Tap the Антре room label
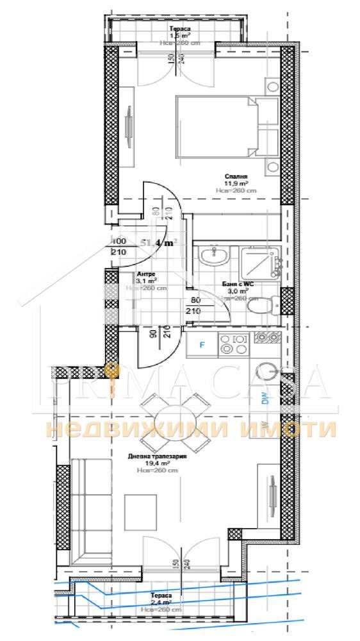[146, 274]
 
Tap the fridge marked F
[202, 345]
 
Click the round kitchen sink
[265, 373]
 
